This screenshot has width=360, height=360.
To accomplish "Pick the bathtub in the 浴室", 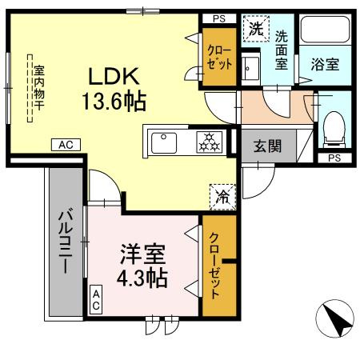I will [x=326, y=34].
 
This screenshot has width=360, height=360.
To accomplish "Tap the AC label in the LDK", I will [x=66, y=145].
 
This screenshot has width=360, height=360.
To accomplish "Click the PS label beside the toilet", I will [x=332, y=158].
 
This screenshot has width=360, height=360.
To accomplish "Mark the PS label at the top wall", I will [x=218, y=18].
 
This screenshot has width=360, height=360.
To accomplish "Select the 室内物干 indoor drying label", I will [x=36, y=88].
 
